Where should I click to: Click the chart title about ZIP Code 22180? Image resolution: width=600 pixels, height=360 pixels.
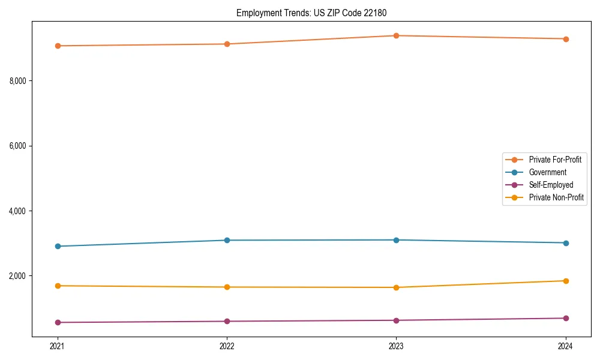pyautogui.click(x=316, y=13)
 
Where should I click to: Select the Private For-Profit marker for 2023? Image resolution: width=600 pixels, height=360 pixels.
pyautogui.click(x=396, y=35)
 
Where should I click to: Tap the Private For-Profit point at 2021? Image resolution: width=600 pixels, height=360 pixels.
pyautogui.click(x=58, y=46)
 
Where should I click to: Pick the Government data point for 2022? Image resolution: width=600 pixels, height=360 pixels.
pyautogui.click(x=227, y=240)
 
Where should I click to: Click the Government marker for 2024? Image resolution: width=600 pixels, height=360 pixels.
pyautogui.click(x=566, y=243)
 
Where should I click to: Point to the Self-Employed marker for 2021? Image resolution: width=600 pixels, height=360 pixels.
pyautogui.click(x=58, y=322)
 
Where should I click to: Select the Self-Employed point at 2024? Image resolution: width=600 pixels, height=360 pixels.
pyautogui.click(x=566, y=318)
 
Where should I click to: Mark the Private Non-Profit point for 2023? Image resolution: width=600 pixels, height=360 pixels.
pyautogui.click(x=396, y=287)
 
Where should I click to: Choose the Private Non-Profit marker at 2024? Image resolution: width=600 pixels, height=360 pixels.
pyautogui.click(x=566, y=281)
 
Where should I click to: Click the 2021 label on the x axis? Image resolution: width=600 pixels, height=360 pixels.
pyautogui.click(x=58, y=346)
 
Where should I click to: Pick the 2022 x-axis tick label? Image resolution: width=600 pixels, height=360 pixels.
pyautogui.click(x=227, y=346)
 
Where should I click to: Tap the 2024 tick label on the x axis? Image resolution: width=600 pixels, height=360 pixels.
pyautogui.click(x=566, y=346)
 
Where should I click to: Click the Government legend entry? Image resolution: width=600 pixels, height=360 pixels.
pyautogui.click(x=547, y=172)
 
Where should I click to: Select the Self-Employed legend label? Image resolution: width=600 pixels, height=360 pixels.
pyautogui.click(x=551, y=185)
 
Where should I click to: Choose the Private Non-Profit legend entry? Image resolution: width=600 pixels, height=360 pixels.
pyautogui.click(x=556, y=197)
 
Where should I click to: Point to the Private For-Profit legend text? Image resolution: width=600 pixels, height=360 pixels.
pyautogui.click(x=555, y=160)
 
